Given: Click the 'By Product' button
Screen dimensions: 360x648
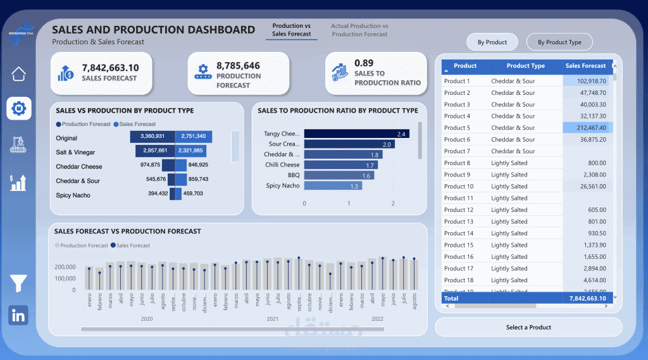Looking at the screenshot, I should [x=492, y=42].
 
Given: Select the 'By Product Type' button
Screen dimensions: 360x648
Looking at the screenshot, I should [x=559, y=42].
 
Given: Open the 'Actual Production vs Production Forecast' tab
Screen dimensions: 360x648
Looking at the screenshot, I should [x=359, y=30].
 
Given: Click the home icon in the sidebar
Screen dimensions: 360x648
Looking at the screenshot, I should [x=19, y=73].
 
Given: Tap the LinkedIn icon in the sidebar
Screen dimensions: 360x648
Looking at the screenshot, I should [x=18, y=315].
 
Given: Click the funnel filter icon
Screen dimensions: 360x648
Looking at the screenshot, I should [x=18, y=284].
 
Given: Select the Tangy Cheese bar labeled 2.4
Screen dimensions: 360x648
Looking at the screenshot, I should [x=356, y=133].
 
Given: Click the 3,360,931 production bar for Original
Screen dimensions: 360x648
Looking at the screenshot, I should [x=152, y=137].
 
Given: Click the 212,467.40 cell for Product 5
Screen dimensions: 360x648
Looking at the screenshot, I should [x=587, y=128].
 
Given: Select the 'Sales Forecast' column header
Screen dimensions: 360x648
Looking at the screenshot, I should [x=585, y=66].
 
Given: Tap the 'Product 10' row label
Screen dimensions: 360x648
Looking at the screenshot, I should [x=459, y=187].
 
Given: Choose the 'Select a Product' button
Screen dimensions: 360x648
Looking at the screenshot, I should [x=528, y=327].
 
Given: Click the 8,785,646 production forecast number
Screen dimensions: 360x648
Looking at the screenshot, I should [x=238, y=66].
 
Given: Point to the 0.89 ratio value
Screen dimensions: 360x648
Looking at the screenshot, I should [x=364, y=63].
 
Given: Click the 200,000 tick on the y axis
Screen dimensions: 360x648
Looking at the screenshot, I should [x=66, y=267].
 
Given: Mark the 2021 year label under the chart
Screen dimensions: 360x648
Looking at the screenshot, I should [x=273, y=320].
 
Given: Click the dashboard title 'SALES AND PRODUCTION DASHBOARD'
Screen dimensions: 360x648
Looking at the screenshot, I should [x=153, y=30].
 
